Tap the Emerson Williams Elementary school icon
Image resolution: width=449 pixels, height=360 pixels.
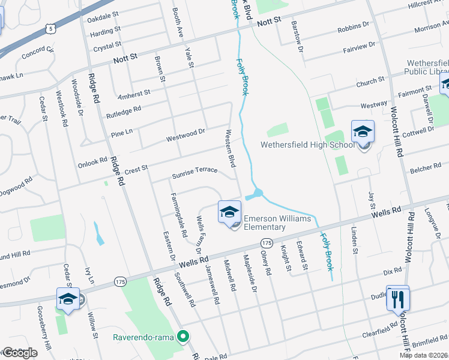pos(229,212)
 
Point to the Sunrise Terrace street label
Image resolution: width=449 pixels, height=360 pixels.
pos(194,170)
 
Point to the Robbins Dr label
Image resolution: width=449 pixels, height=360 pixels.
pos(353,28)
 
